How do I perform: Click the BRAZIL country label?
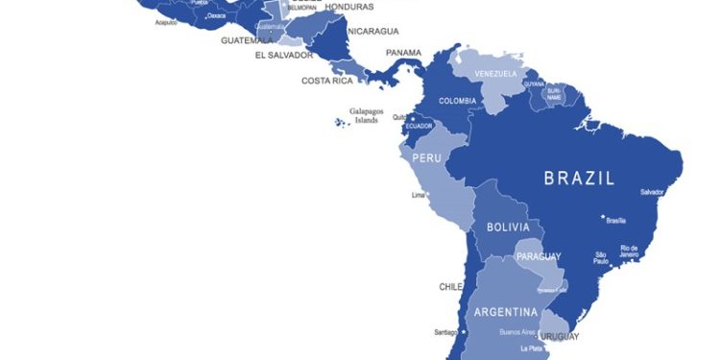pos(579,178)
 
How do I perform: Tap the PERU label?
pos(426,157)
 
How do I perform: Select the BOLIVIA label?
pos(508,228)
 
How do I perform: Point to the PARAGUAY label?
pos(539,256)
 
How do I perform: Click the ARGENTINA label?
pos(506,312)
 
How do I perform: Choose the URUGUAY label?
pos(559,337)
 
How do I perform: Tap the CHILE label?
pos(451,287)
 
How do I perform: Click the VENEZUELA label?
pos(496,74)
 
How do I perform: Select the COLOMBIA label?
pos(458,101)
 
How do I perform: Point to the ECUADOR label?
pos(420,127)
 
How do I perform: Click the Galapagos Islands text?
pos(366,115)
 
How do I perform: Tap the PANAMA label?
pos(404,53)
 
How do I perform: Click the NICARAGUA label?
pos(372,31)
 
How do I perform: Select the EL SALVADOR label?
pos(283,56)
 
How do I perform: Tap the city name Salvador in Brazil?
pos(652,192)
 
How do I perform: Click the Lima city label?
pos(418,195)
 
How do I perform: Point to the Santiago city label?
pos(444,332)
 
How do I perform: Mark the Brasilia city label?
pos(616,221)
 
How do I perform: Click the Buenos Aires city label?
pos(517,332)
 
